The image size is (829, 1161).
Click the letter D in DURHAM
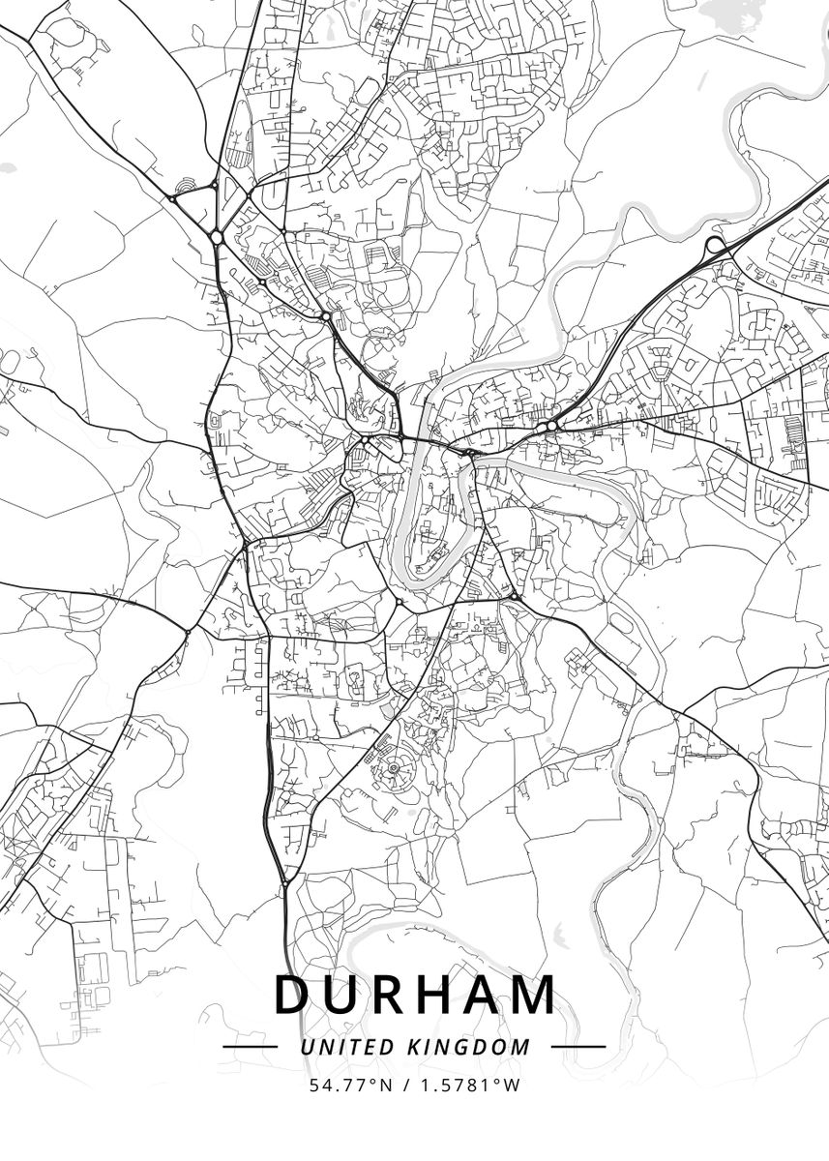(x=292, y=995)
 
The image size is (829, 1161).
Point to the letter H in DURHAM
(x=440, y=995)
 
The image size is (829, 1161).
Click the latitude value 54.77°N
(x=351, y=1086)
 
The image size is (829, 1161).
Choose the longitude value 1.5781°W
(x=470, y=1086)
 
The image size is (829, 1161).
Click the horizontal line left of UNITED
(x=250, y=1047)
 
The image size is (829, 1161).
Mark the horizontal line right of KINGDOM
(x=578, y=1047)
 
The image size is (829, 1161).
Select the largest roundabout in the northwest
(x=216, y=236)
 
